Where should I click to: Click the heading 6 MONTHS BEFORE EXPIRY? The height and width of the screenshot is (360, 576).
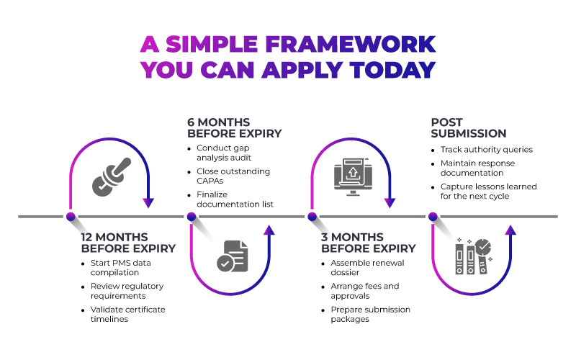coord(234,128)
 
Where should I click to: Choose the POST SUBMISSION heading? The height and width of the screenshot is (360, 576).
coord(468,128)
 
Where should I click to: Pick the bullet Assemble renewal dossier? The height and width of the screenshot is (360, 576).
coord(362,268)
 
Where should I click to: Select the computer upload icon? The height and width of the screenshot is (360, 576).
coord(353,176)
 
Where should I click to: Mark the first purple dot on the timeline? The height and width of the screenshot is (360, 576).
coord(71,216)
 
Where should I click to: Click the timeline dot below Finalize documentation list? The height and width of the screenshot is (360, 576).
coord(191,216)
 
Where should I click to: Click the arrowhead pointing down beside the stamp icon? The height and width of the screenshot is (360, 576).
coord(148,203)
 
